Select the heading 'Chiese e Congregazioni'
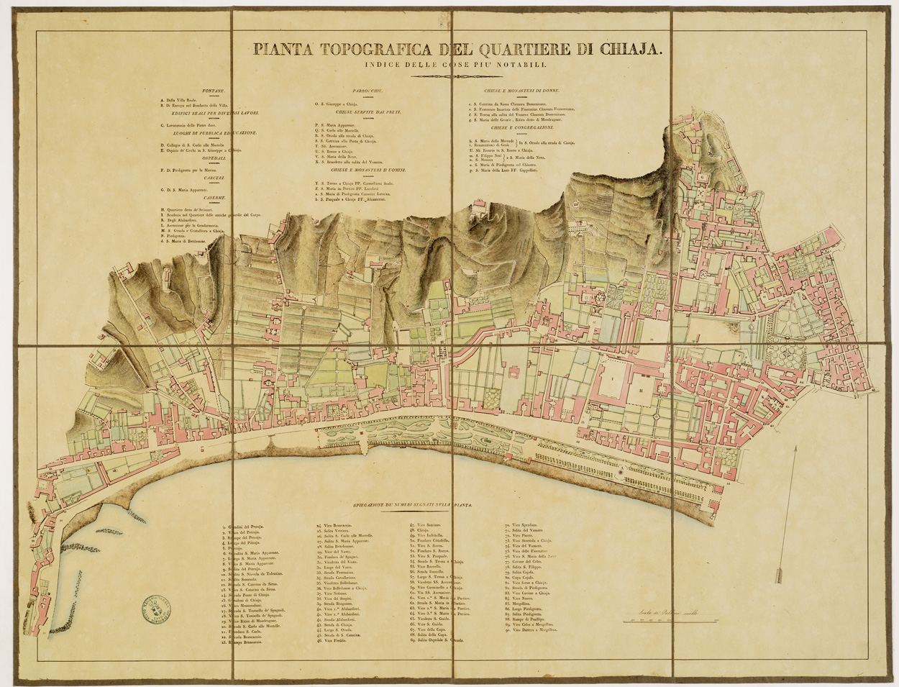coord(512,127)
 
